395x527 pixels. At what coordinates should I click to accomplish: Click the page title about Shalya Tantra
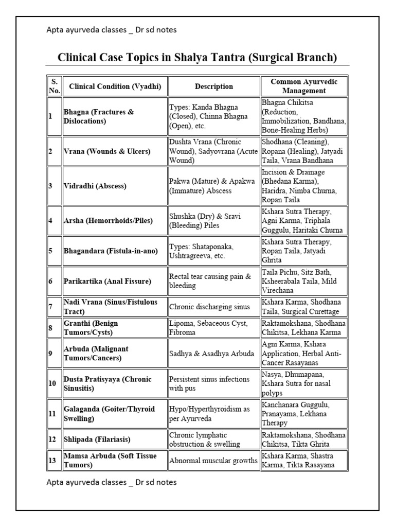click(x=197, y=57)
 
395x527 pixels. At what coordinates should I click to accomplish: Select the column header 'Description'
click(x=213, y=86)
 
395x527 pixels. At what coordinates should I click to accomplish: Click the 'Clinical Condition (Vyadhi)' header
click(x=115, y=86)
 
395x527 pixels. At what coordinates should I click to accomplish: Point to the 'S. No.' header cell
click(x=54, y=86)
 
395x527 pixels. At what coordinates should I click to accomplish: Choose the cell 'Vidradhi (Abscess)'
click(x=94, y=186)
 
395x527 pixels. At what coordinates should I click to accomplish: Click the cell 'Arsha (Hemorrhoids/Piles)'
click(x=108, y=220)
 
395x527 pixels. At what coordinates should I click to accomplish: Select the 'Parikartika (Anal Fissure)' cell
click(x=107, y=281)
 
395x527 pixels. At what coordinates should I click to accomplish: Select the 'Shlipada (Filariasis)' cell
click(x=97, y=440)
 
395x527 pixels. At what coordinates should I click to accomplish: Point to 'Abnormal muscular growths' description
click(x=213, y=461)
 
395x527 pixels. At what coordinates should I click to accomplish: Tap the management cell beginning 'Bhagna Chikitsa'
click(x=303, y=116)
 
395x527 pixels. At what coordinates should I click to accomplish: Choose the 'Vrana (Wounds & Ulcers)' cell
click(x=106, y=151)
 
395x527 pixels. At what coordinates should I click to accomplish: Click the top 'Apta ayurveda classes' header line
click(x=111, y=30)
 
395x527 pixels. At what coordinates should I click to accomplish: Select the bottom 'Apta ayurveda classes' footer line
click(x=111, y=482)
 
